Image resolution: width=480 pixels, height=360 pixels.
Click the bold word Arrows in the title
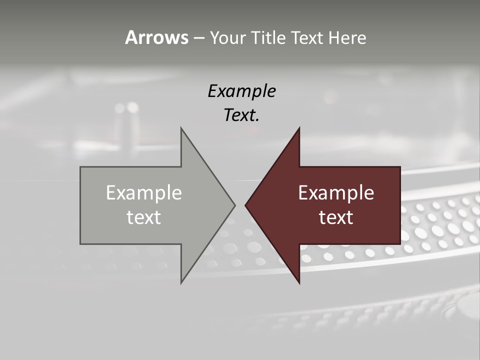point(156,37)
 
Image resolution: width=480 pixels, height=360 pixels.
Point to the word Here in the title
point(347,38)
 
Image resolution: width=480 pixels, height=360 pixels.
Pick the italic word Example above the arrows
point(241,91)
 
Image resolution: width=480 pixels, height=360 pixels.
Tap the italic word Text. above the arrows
point(241,115)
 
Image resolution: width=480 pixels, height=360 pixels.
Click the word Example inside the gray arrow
point(144,193)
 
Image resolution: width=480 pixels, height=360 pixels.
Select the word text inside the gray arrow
point(144,217)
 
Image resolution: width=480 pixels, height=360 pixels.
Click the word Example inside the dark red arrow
point(336,193)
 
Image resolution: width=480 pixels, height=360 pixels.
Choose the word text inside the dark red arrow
point(336,217)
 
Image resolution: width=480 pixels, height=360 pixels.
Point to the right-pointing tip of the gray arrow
point(235,205)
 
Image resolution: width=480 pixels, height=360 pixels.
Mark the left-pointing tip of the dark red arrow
point(245,205)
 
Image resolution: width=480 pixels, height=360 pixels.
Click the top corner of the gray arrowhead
point(181,128)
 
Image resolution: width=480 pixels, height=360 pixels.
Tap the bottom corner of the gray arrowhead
point(181,283)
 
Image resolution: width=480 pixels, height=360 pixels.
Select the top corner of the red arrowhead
point(299,128)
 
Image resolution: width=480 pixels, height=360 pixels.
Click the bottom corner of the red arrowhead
point(299,283)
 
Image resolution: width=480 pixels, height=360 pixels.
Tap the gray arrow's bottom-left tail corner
point(80,244)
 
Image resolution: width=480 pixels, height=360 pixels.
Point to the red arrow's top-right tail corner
point(400,167)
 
